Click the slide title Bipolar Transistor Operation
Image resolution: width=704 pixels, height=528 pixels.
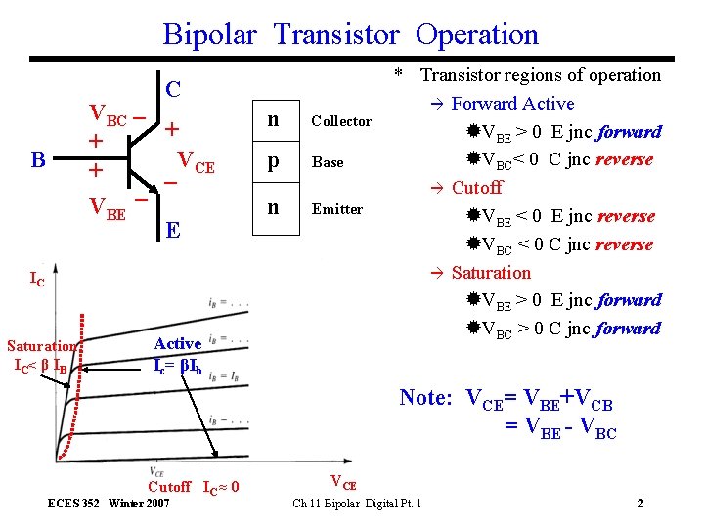tap(350, 35)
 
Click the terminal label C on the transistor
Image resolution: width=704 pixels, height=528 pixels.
tap(173, 88)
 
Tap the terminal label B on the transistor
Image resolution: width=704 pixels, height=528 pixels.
tap(38, 159)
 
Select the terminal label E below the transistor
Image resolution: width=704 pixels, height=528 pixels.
tap(172, 231)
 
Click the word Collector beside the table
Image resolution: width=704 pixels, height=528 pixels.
tap(341, 121)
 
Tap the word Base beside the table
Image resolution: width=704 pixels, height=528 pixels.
tap(328, 162)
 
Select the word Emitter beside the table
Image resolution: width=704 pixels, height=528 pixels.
tap(337, 209)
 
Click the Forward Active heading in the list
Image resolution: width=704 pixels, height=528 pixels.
tap(512, 104)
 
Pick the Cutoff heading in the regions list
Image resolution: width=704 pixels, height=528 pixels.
tap(477, 187)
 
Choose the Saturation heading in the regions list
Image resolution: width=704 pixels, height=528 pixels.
tap(491, 273)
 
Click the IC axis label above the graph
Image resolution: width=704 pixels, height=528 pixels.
tap(37, 281)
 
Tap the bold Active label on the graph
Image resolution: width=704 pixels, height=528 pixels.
tap(178, 343)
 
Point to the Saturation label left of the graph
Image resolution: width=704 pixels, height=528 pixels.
tap(41, 346)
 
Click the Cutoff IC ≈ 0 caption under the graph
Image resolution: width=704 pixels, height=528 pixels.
tap(194, 487)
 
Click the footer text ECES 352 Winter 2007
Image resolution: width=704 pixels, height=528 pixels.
tap(109, 504)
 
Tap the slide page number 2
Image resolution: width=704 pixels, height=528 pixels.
tap(640, 504)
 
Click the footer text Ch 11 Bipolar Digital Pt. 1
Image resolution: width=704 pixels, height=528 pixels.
tap(357, 504)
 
